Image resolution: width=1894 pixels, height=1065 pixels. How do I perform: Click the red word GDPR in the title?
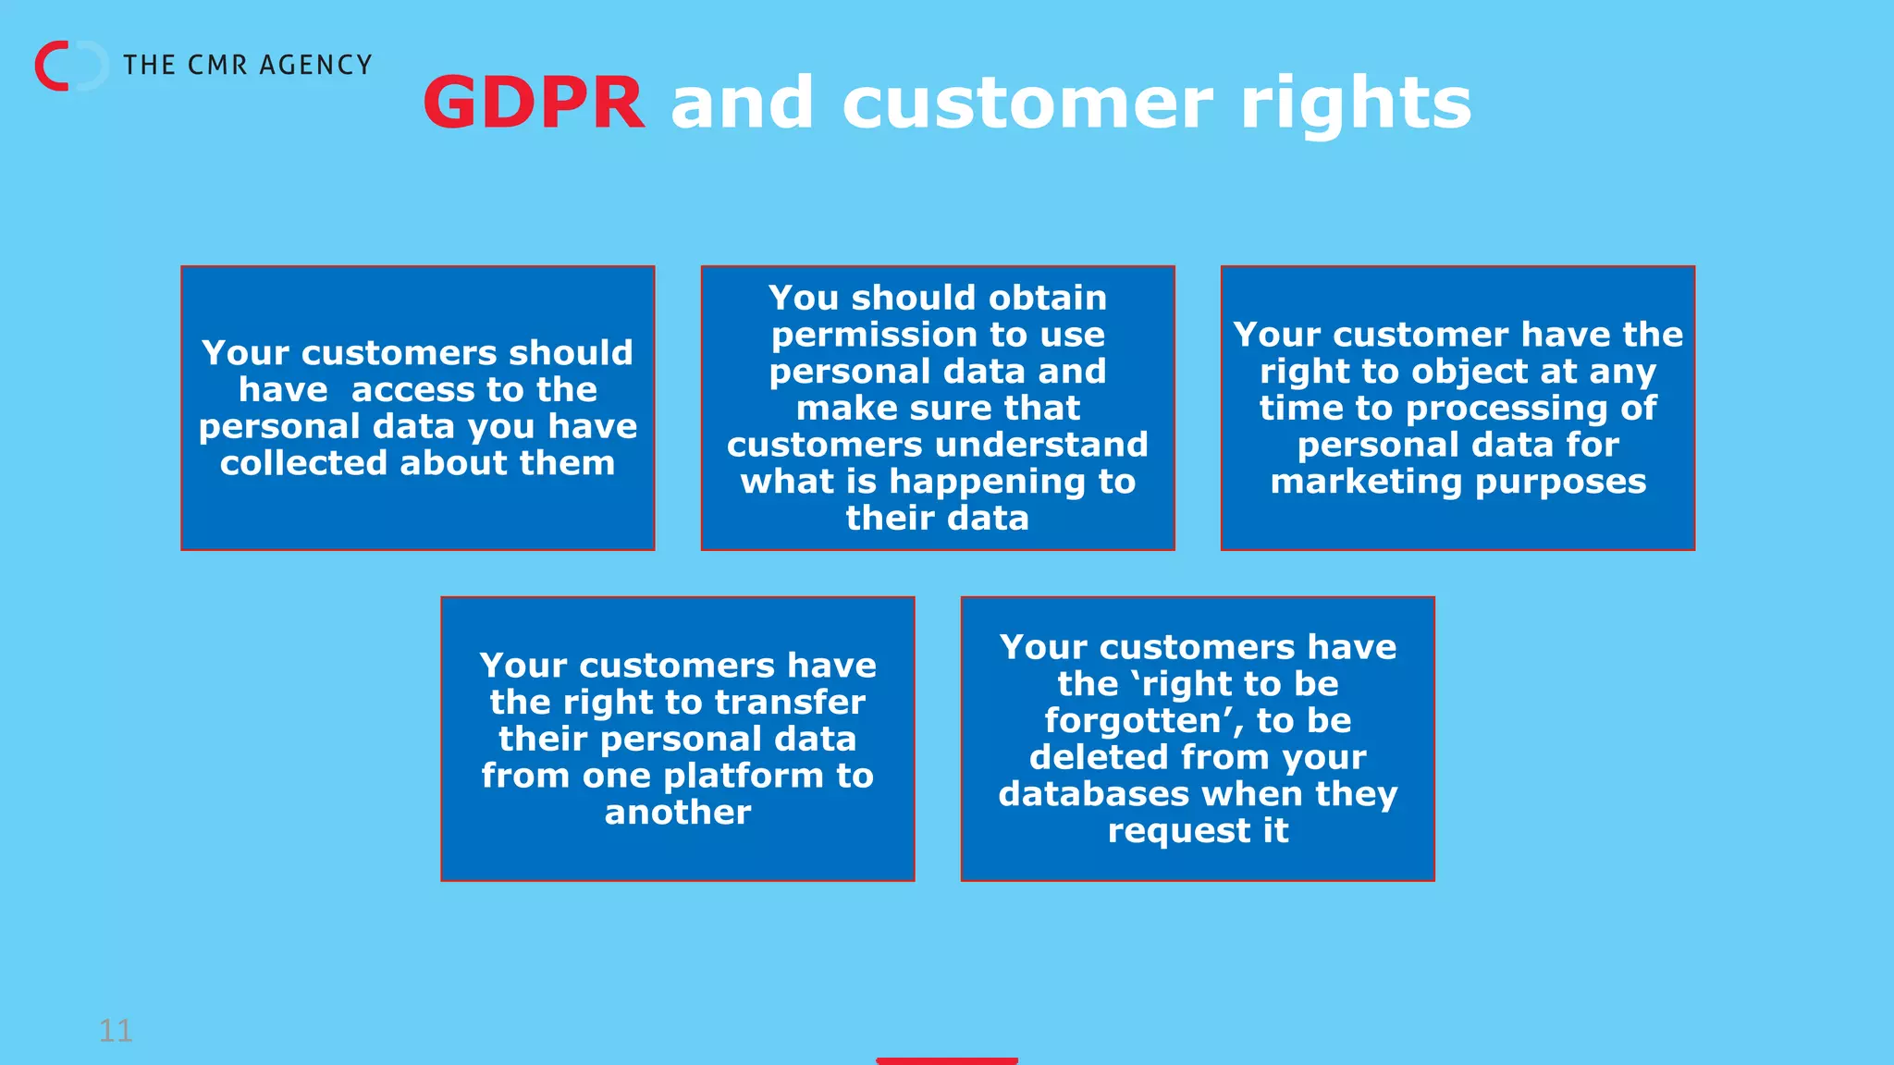click(x=533, y=103)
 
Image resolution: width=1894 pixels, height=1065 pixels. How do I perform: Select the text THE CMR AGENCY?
click(x=247, y=65)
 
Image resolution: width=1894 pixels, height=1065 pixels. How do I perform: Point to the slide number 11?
click(x=116, y=1030)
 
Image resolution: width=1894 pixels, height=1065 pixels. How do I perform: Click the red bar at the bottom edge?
click(x=946, y=1060)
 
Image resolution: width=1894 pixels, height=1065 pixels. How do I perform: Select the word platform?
click(x=743, y=776)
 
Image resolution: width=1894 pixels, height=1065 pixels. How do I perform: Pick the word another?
click(x=677, y=813)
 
